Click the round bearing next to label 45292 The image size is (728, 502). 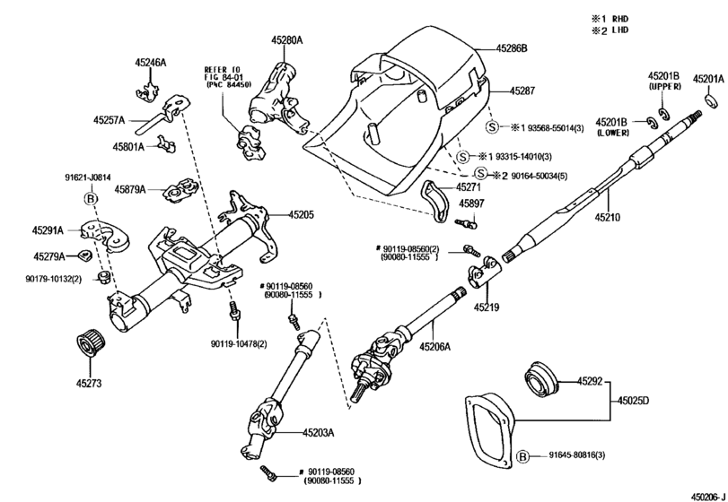tap(541, 376)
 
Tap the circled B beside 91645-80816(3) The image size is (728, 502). tap(523, 456)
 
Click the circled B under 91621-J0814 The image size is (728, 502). tap(90, 198)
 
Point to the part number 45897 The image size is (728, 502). tap(472, 204)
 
